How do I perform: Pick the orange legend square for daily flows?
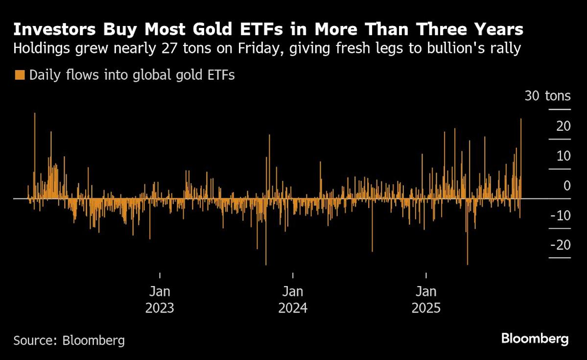20,75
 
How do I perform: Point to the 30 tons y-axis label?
547,96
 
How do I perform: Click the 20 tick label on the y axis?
563,126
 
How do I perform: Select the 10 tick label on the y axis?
563,156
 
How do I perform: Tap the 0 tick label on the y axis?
567,186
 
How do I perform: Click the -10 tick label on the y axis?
560,216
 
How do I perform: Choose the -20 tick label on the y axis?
560,245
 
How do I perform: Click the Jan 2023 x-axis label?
160,300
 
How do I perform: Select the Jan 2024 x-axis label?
293,300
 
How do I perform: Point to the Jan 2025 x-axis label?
426,300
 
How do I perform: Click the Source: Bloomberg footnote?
69,340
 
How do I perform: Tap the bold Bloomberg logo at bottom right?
535,338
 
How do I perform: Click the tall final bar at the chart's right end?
521,157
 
